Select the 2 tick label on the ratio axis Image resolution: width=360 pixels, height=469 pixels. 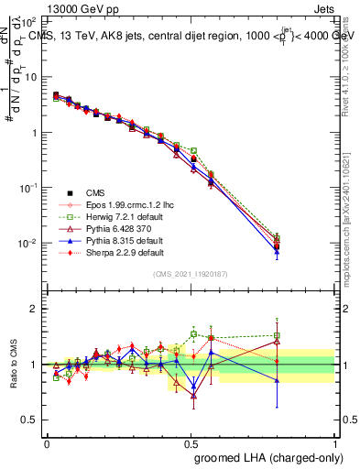point(34,309)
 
